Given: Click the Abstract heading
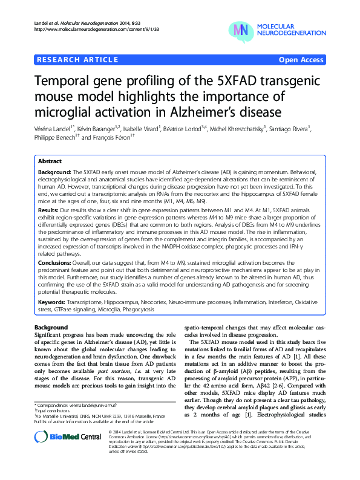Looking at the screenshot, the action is (x=50, y=162).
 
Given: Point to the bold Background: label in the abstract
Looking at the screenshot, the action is (x=54, y=172).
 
